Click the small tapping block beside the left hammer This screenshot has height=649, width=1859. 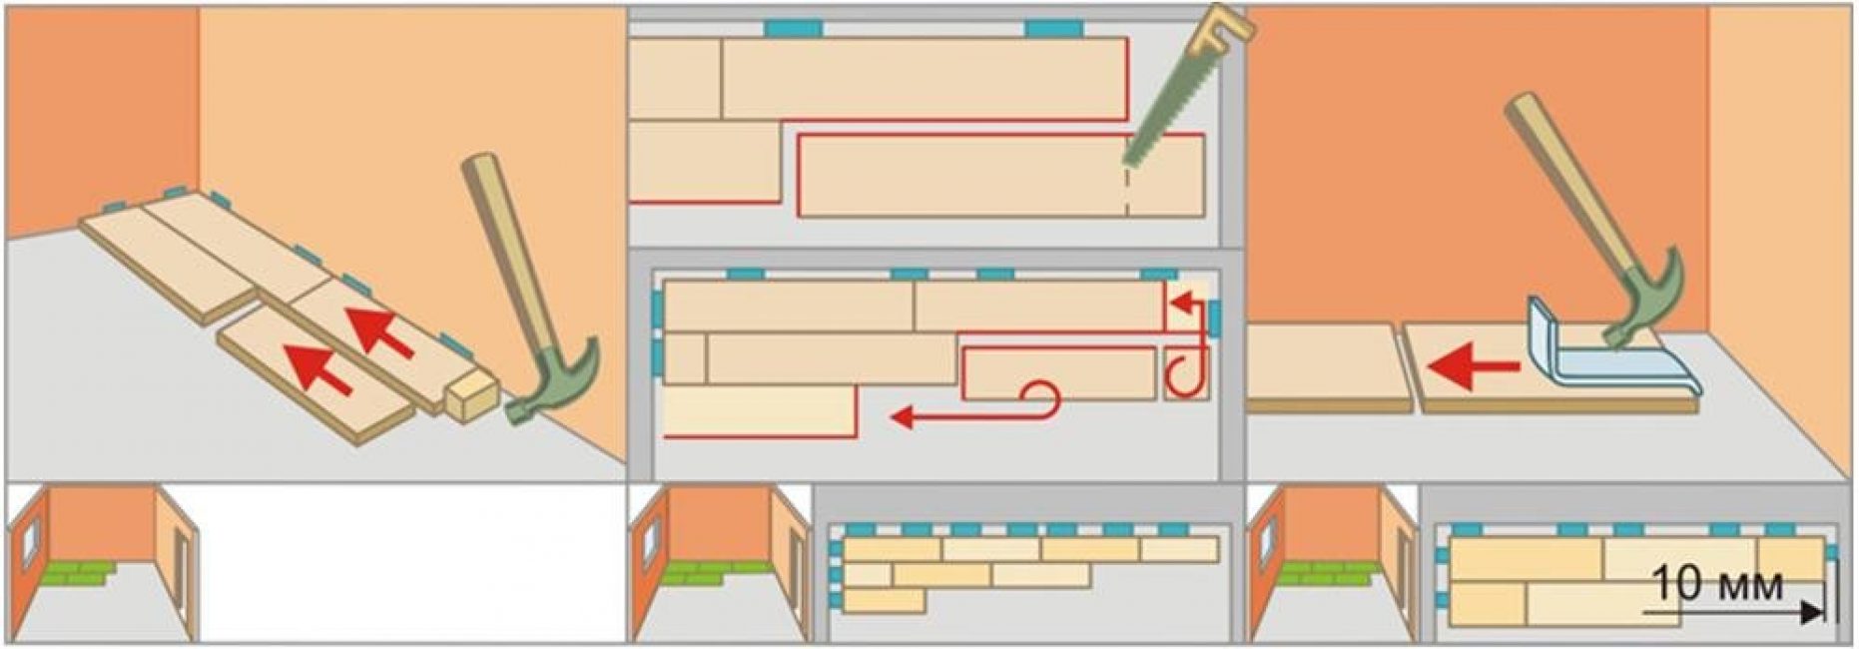pyautogui.click(x=470, y=396)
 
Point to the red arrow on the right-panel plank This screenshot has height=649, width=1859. pyautogui.click(x=1474, y=368)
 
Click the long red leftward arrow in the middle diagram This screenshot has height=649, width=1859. pyautogui.click(x=958, y=416)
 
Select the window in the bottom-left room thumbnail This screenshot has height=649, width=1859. pyautogui.click(x=29, y=540)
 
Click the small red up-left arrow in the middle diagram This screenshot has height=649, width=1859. pyautogui.click(x=1184, y=302)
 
